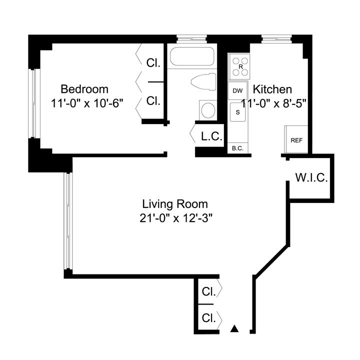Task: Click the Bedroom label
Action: [84, 89]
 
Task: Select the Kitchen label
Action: [272, 89]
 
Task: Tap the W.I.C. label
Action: [311, 178]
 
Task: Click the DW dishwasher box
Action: [238, 91]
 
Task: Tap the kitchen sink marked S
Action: [238, 112]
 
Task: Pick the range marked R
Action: [240, 66]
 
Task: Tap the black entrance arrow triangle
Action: [234, 329]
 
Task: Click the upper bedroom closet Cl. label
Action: [153, 63]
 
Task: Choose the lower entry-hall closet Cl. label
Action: [208, 317]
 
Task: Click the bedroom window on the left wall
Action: [33, 102]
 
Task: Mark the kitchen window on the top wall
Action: [276, 37]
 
